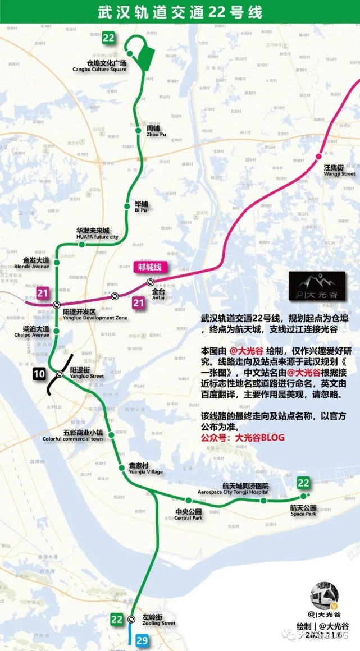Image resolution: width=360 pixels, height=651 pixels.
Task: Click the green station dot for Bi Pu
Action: click(x=129, y=204)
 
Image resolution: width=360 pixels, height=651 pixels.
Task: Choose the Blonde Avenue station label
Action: click(x=36, y=263)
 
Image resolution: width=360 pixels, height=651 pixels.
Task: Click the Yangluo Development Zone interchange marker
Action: click(x=57, y=304)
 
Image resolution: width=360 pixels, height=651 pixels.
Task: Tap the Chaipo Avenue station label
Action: click(x=36, y=331)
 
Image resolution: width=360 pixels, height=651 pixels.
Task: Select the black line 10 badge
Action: click(x=39, y=374)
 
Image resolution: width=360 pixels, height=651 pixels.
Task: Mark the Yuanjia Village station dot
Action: click(x=121, y=468)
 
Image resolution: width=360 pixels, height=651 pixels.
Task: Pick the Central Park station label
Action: click(x=188, y=514)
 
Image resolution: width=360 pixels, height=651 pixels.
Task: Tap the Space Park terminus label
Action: click(x=303, y=510)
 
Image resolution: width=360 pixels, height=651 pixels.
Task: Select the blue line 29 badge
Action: click(x=140, y=640)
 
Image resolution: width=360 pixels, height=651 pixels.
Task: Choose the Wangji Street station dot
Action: click(x=320, y=157)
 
